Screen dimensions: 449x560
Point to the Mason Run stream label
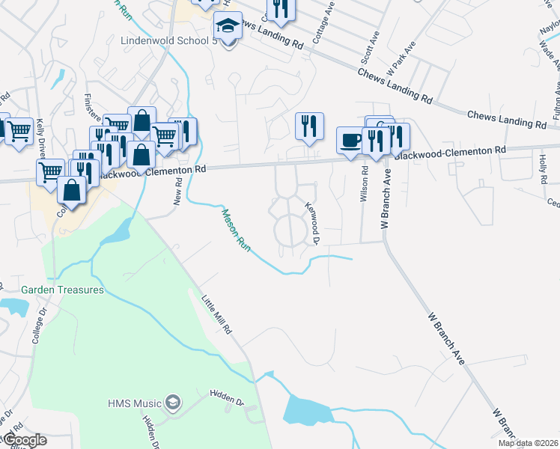235,229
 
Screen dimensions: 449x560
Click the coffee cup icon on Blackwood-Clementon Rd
350,139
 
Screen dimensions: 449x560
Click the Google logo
24,440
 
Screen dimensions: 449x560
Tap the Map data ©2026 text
528,443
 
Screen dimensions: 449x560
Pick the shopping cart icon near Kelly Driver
19,131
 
